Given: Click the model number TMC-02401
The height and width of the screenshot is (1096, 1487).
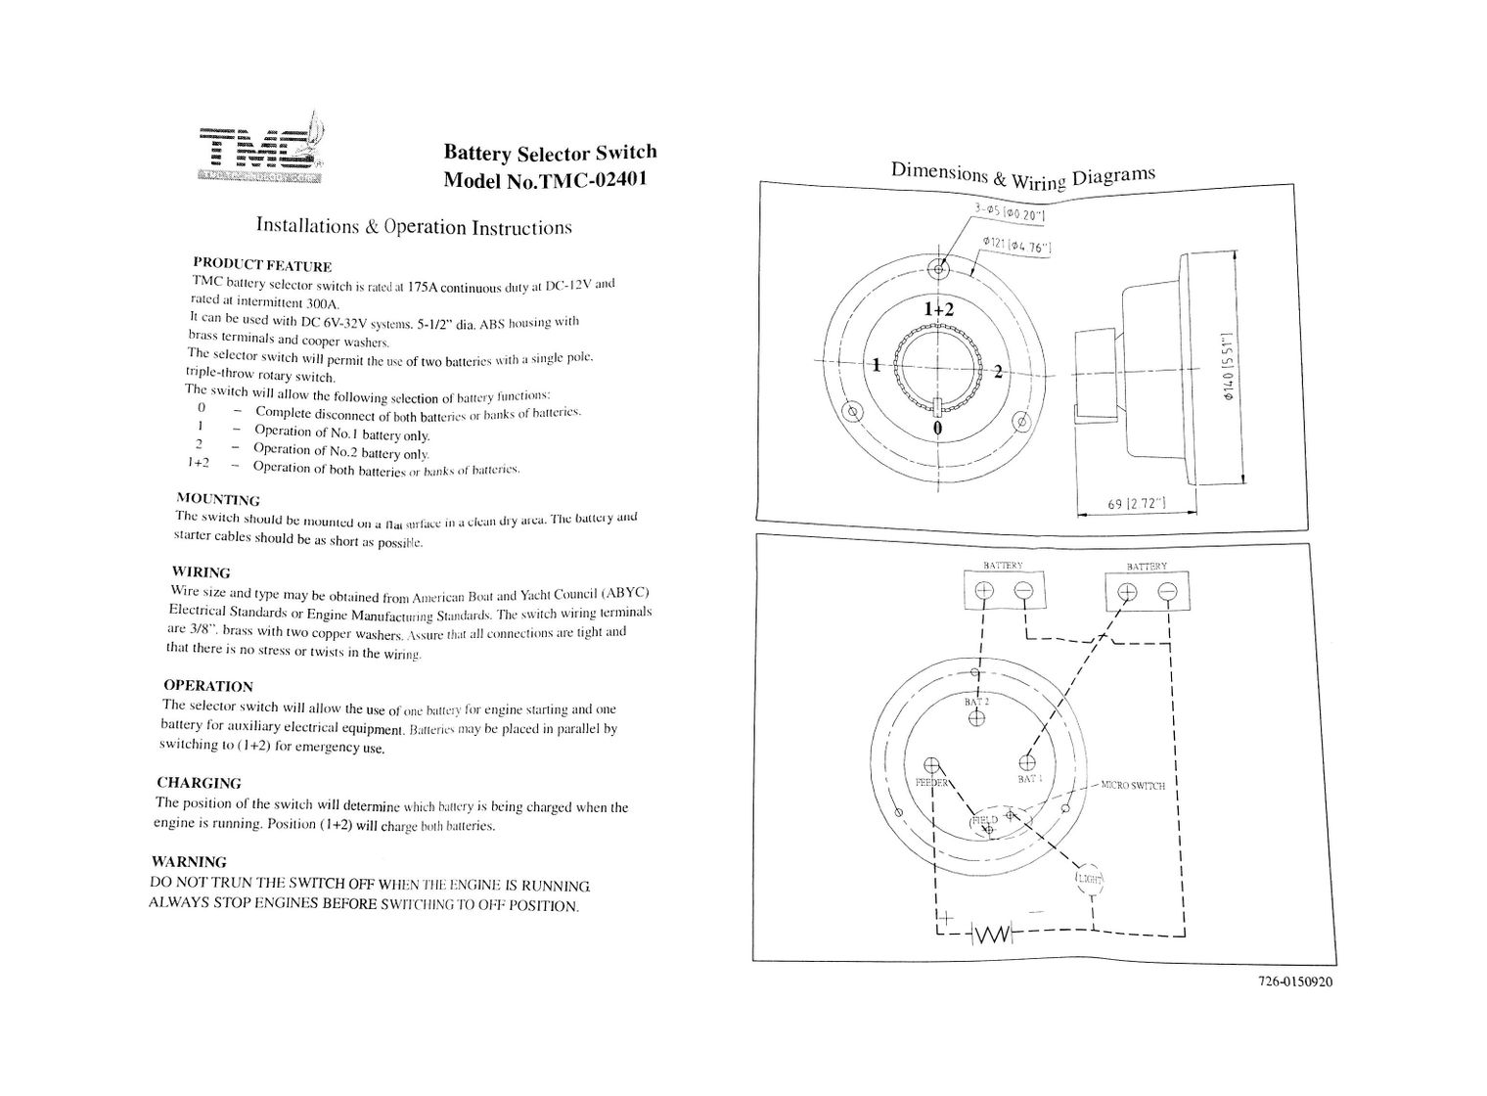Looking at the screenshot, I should point(545,180).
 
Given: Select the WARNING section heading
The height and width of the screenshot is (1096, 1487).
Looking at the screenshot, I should point(189,862).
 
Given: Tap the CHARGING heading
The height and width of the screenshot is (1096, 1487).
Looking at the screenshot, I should point(199,783).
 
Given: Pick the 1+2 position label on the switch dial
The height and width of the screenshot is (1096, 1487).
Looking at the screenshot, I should point(938,308).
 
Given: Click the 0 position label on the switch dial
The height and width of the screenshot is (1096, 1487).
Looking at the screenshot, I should point(938,429).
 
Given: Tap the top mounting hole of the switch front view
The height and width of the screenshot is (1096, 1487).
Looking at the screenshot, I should point(940,268).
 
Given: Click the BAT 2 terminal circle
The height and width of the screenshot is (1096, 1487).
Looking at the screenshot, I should point(976,718).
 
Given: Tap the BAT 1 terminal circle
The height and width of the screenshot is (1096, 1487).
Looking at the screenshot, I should point(1027,761).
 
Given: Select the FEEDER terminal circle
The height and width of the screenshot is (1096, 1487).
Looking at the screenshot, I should point(932,766).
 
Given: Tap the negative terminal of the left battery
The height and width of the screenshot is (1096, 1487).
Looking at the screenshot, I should point(1023,590).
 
